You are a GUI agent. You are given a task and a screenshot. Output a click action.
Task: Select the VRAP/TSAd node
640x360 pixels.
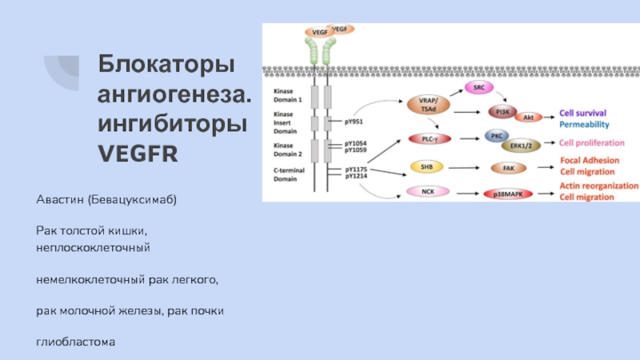428,103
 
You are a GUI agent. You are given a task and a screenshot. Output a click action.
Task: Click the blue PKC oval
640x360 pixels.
496,136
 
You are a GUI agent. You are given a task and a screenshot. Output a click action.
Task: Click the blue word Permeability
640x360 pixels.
584,124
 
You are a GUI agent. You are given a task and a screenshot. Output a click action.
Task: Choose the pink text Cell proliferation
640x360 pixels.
592,142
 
